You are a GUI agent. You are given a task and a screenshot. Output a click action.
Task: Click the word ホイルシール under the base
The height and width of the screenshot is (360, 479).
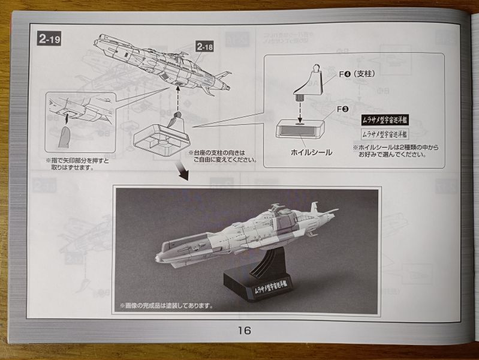click(x=311, y=152)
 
